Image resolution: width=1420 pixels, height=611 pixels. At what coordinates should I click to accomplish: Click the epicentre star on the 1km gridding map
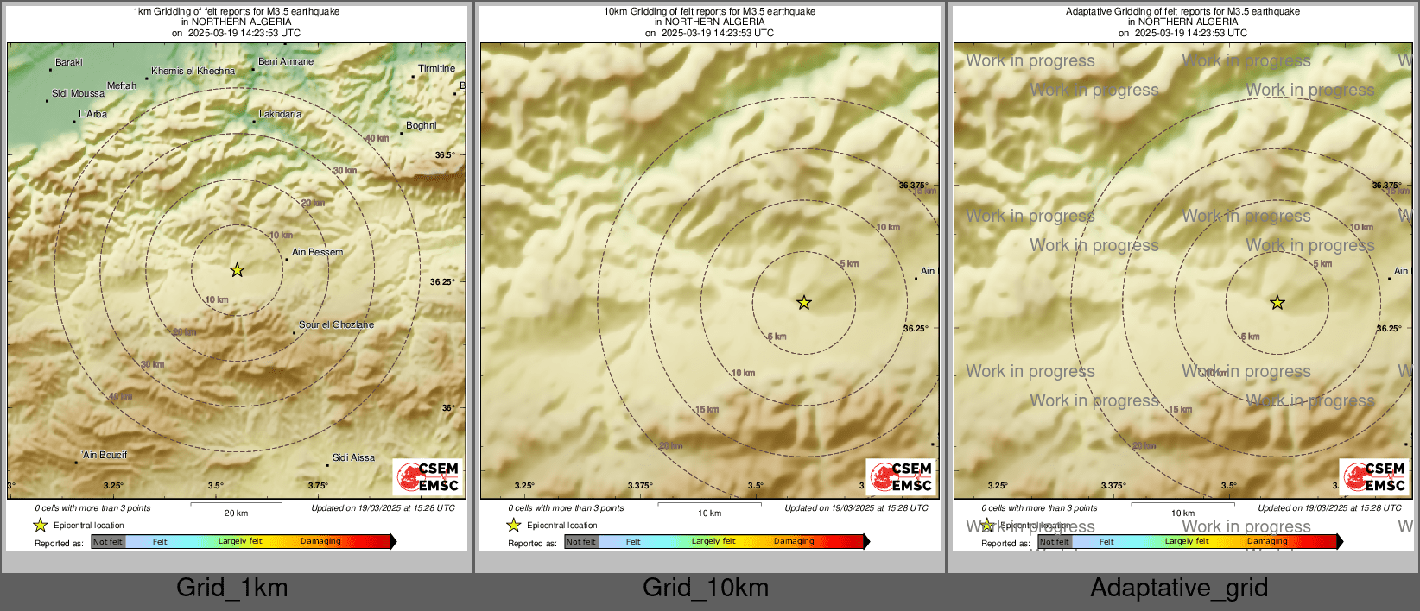coord(238,270)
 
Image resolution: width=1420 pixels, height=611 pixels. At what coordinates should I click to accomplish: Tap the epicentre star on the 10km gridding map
coord(804,302)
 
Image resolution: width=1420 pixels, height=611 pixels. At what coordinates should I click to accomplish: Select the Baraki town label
coord(68,62)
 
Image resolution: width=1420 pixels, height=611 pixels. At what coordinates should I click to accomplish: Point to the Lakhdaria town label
coord(280,114)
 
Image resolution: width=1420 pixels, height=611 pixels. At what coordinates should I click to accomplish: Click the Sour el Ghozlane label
coord(336,324)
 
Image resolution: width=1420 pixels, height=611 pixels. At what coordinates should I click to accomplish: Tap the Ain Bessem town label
coord(317,252)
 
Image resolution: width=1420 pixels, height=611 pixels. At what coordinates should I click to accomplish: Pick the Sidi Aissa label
coord(353,457)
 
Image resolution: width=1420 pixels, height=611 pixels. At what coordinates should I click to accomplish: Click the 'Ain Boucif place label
coord(105,455)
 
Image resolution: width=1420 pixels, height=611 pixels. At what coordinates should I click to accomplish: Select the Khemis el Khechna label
coord(193,71)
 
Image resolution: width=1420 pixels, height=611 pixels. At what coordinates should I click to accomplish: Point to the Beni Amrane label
coord(286,61)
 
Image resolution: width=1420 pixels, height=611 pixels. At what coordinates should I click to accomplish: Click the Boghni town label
coord(421,125)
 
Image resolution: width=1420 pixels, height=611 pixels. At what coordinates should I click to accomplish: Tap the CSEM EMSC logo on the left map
coord(428,476)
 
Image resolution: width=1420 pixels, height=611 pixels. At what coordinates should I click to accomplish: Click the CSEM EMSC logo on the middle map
coord(901,476)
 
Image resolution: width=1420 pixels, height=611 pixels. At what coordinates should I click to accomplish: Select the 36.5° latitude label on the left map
coord(444,155)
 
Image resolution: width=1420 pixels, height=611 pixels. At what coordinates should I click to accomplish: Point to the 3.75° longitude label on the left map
coord(318,485)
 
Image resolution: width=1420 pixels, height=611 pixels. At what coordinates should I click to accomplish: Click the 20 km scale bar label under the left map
coord(236,513)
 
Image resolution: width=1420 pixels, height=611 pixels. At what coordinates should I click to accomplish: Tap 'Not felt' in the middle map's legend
coord(581,542)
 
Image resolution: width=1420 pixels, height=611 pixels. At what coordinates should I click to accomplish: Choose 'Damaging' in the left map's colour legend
coord(320,541)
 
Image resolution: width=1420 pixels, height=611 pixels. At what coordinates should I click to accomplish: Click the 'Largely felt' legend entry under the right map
coord(1186,541)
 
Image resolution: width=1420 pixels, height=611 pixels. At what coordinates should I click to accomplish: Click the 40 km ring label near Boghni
coord(377,138)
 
